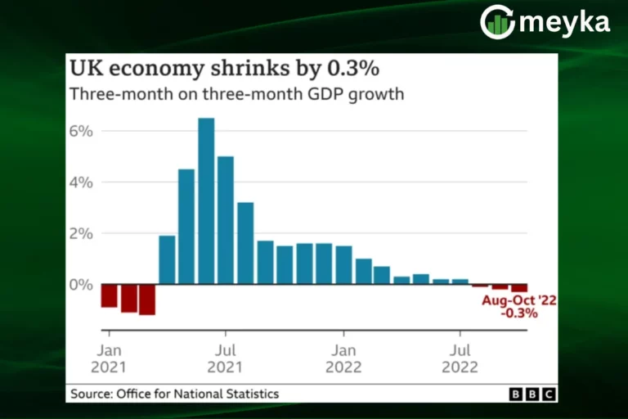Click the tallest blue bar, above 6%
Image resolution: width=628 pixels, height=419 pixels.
[206, 200]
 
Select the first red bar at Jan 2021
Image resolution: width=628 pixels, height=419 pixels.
[109, 295]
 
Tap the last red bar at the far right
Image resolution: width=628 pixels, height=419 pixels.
[519, 287]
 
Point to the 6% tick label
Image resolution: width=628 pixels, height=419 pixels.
[82, 131]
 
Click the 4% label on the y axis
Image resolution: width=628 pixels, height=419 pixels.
[82, 182]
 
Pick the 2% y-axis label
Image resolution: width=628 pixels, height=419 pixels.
[82, 233]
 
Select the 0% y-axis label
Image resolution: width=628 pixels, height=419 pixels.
[82, 284]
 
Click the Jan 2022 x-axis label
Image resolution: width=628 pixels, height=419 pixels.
[344, 358]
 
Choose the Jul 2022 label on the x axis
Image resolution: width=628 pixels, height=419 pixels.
[460, 358]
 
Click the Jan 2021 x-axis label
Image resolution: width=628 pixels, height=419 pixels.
[108, 358]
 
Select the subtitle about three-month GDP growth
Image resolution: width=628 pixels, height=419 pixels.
[237, 93]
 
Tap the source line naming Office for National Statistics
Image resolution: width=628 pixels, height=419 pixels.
[175, 394]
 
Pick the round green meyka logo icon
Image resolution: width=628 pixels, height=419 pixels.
[497, 22]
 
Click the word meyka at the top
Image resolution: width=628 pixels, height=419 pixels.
[564, 23]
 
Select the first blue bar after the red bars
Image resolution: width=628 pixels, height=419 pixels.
[167, 259]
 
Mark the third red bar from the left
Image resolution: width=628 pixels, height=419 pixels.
[147, 300]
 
